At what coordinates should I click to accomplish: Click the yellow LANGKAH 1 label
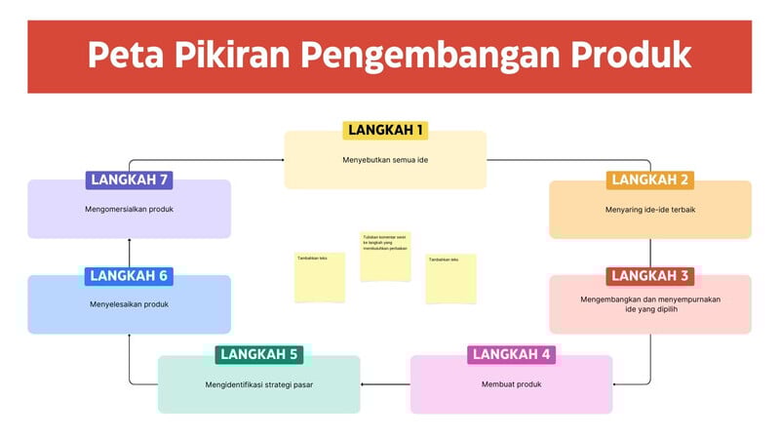[x=386, y=130]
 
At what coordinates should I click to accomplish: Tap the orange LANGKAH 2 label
[x=650, y=180]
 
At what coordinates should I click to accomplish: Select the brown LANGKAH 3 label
[x=650, y=276]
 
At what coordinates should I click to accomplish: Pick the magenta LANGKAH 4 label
[x=511, y=354]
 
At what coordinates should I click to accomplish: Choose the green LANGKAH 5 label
[x=258, y=354]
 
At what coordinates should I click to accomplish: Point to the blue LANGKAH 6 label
[x=129, y=276]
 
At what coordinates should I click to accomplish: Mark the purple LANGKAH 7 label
[x=129, y=180]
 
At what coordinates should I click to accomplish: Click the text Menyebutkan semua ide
[x=386, y=159]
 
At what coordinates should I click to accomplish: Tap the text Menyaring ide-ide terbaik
[x=650, y=209]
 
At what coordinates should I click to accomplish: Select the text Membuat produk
[x=511, y=383]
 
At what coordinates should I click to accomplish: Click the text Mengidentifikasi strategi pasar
[x=258, y=383]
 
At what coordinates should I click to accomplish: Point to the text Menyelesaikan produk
[x=129, y=304]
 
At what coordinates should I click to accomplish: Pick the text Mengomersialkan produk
[x=129, y=209]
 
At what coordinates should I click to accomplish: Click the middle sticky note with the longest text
[x=384, y=256]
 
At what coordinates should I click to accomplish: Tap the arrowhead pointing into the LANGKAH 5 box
[x=364, y=384]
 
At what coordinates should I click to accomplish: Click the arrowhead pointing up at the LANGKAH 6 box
[x=130, y=338]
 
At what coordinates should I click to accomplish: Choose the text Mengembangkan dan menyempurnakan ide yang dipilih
[x=650, y=304]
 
